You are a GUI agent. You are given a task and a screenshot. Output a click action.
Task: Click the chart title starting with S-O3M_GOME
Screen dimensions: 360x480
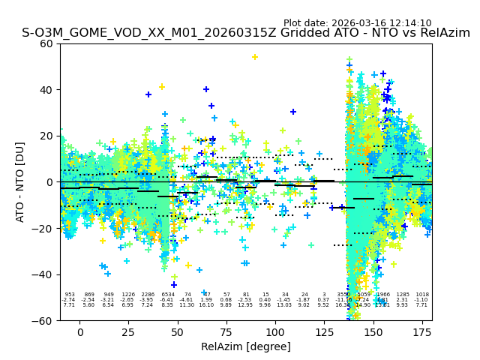(x=246, y=33)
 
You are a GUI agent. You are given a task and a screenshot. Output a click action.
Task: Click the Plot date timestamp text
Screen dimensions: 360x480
(x=358, y=23)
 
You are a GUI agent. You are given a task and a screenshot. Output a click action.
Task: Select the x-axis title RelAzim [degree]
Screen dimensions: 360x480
(x=246, y=346)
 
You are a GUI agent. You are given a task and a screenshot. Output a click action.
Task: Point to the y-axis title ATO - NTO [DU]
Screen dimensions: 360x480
(x=20, y=182)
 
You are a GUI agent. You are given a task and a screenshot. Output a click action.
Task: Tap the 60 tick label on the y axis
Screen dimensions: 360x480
(x=46, y=43)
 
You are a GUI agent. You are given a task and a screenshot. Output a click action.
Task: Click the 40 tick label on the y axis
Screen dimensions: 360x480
(x=46, y=90)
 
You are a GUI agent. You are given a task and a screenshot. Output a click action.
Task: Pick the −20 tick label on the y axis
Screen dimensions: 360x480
(x=43, y=229)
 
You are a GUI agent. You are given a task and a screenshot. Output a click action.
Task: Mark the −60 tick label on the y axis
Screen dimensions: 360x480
(x=43, y=321)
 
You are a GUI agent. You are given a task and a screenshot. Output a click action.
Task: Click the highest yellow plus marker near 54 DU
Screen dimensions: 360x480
(x=255, y=57)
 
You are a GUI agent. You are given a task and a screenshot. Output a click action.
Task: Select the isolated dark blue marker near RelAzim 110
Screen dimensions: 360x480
(x=293, y=112)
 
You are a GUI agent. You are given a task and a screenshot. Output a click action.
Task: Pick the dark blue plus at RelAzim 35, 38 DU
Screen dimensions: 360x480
(x=148, y=94)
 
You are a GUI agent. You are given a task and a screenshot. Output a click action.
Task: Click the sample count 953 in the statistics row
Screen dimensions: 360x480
(x=70, y=295)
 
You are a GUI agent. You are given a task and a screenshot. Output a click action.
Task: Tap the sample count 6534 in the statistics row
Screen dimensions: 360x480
(x=167, y=295)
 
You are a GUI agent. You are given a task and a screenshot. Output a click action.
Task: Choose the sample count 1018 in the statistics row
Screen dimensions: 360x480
(x=422, y=295)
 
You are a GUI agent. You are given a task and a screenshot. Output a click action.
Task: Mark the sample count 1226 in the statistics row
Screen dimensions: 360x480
(x=128, y=295)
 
